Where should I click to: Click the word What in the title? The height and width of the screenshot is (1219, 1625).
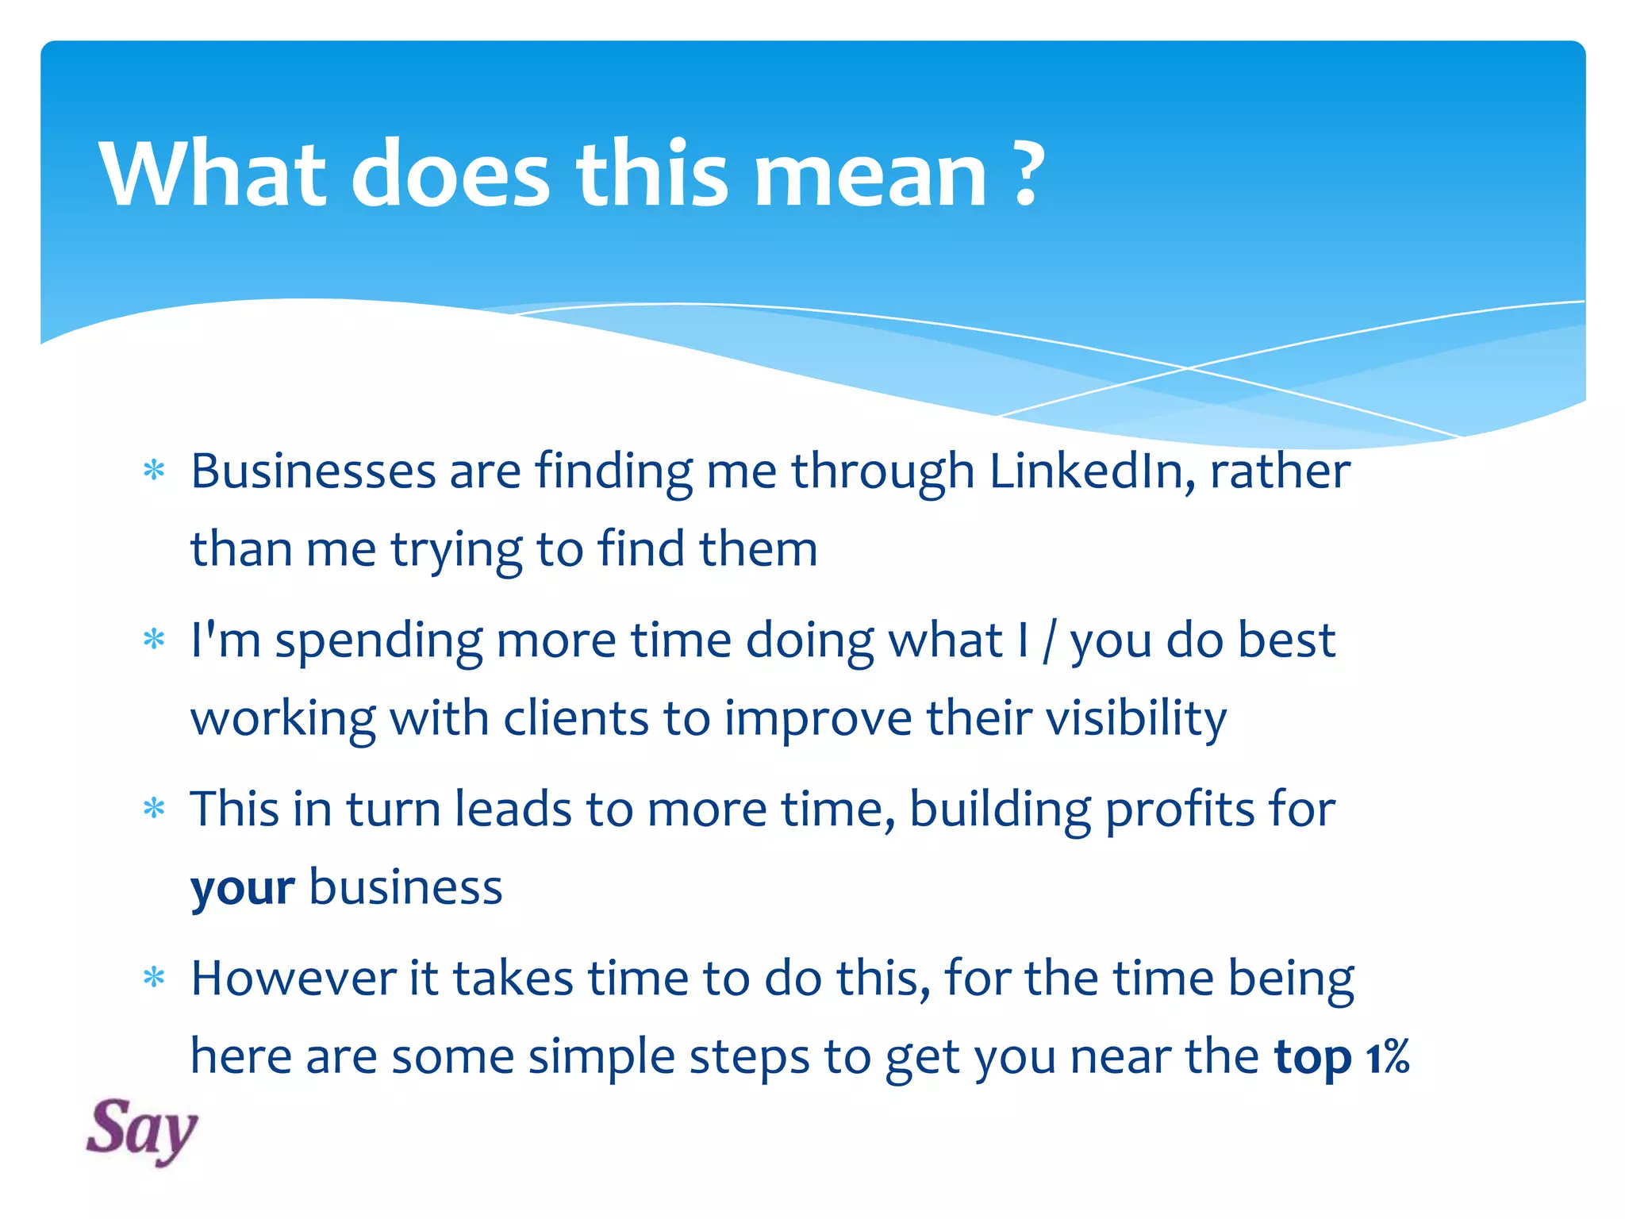[212, 174]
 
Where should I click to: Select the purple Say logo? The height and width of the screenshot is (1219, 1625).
[141, 1130]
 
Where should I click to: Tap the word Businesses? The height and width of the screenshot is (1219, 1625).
[313, 471]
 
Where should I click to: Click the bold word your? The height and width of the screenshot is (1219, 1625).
[243, 888]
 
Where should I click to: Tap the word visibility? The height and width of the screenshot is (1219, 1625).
[1135, 719]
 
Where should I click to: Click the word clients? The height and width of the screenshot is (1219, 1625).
[576, 719]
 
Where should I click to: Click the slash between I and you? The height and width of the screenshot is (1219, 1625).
[1048, 641]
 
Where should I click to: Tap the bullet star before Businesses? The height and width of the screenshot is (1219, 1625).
[154, 471]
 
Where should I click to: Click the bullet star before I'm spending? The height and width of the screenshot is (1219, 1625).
[154, 640]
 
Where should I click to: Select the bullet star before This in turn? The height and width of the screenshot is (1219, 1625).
[154, 809]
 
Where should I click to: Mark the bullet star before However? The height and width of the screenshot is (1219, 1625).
[154, 979]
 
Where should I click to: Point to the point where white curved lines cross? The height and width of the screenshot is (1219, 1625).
[1188, 368]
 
